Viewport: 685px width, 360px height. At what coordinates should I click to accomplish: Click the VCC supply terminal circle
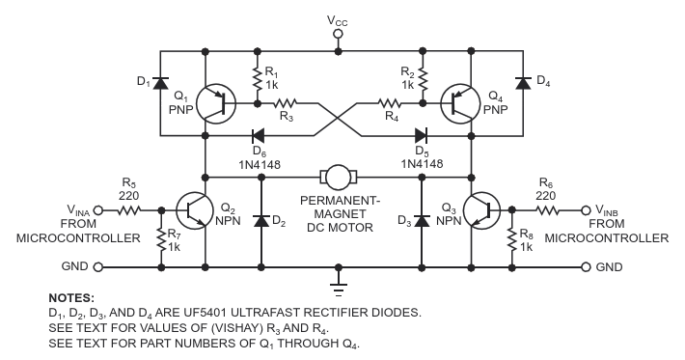tap(338, 34)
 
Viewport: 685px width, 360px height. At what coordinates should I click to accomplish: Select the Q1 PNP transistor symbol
tap(216, 103)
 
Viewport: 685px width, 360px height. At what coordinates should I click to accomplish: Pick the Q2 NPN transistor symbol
tap(195, 210)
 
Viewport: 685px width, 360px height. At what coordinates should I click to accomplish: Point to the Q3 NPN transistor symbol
tap(481, 210)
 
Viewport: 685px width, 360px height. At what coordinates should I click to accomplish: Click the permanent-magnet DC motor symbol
tap(339, 177)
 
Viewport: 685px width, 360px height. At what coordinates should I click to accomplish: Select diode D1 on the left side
tap(160, 83)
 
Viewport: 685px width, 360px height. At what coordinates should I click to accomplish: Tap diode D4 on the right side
tap(523, 83)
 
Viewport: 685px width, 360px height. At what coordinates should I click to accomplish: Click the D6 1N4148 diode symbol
tap(258, 135)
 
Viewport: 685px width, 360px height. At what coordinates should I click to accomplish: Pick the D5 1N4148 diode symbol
tap(421, 135)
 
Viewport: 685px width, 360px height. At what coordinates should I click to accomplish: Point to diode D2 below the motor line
tap(261, 220)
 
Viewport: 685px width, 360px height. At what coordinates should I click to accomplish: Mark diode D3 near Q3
tap(422, 220)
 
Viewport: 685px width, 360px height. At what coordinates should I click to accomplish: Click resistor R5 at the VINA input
tap(128, 210)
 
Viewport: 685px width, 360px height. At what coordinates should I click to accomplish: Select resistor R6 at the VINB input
tap(547, 210)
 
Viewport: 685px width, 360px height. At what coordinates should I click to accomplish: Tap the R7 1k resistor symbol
tap(161, 239)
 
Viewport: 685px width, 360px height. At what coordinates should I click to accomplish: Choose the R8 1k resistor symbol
tap(512, 239)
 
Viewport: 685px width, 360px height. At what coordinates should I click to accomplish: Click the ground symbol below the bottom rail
tap(338, 290)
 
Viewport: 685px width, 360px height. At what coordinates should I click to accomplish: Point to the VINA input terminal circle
tap(98, 210)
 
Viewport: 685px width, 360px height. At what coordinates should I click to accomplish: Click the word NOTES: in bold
tap(71, 298)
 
